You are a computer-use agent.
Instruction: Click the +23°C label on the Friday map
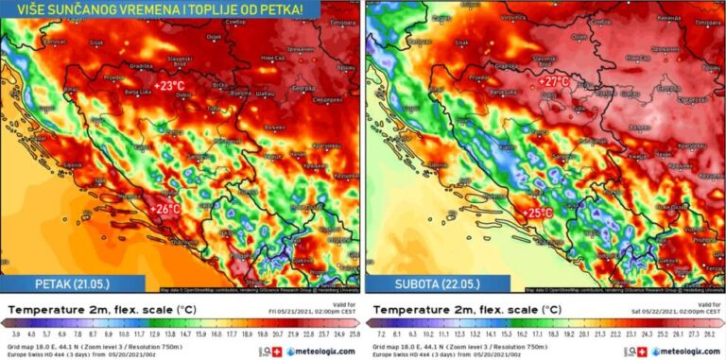tap(169, 86)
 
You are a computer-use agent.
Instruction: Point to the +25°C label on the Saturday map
tap(539, 214)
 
